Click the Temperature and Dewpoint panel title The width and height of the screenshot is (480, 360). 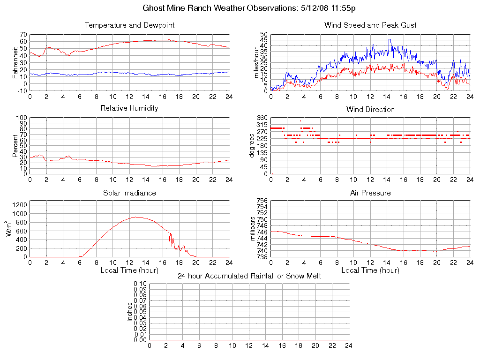(x=130, y=25)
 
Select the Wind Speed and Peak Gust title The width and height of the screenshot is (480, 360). (x=370, y=25)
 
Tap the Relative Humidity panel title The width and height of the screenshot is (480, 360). (x=130, y=108)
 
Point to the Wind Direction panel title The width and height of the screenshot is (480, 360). (x=370, y=109)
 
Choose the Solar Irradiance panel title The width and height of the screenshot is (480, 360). (x=130, y=193)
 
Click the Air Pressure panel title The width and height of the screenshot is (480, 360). (x=370, y=193)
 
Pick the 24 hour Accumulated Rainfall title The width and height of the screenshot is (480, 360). (x=249, y=276)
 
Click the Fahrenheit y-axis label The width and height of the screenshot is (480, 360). (x=15, y=63)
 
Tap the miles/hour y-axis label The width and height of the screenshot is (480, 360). (x=256, y=63)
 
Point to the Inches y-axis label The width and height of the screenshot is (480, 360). (x=130, y=312)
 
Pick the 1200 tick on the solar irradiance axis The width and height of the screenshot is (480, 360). (x=20, y=205)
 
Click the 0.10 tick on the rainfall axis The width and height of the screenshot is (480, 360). (x=140, y=284)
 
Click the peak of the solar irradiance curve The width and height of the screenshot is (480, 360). (x=136, y=217)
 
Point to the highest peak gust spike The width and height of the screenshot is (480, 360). (x=390, y=39)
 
